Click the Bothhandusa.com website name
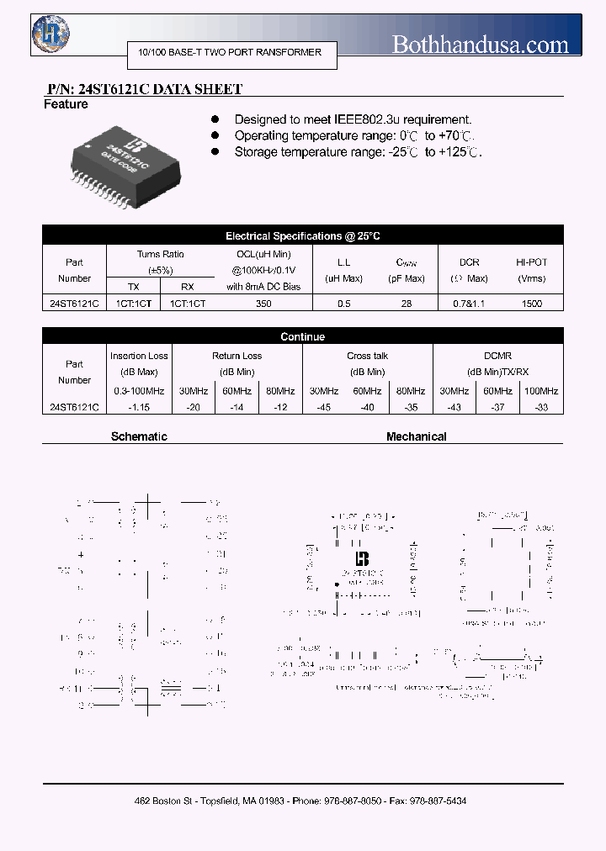pyautogui.click(x=480, y=45)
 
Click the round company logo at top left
pyautogui.click(x=50, y=34)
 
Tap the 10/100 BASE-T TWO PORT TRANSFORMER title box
pyautogui.click(x=230, y=53)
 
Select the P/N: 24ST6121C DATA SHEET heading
pyautogui.click(x=143, y=89)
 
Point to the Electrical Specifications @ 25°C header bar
pyautogui.click(x=302, y=236)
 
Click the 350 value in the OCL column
pyautogui.click(x=263, y=304)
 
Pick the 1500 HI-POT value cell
pyautogui.click(x=532, y=304)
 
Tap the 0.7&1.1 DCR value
pyautogui.click(x=469, y=304)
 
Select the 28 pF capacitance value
pyautogui.click(x=407, y=304)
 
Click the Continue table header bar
pyautogui.click(x=302, y=336)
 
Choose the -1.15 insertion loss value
pyautogui.click(x=139, y=407)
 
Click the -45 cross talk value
pyautogui.click(x=324, y=407)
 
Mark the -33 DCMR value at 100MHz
pyautogui.click(x=541, y=407)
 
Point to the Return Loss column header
pyautogui.click(x=237, y=357)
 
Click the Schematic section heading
pyautogui.click(x=139, y=436)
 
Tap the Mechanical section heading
pyautogui.click(x=416, y=436)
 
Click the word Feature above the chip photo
pyautogui.click(x=66, y=104)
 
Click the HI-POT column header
pyautogui.click(x=532, y=262)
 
